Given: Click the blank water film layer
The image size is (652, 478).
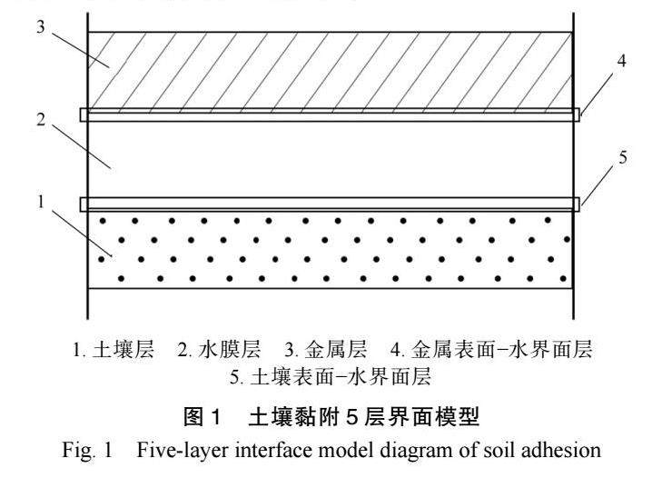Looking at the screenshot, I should pos(330,159).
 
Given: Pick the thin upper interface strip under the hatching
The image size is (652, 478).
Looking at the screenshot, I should pos(330,115).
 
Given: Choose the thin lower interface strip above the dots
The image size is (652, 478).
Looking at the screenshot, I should pos(330,204).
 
